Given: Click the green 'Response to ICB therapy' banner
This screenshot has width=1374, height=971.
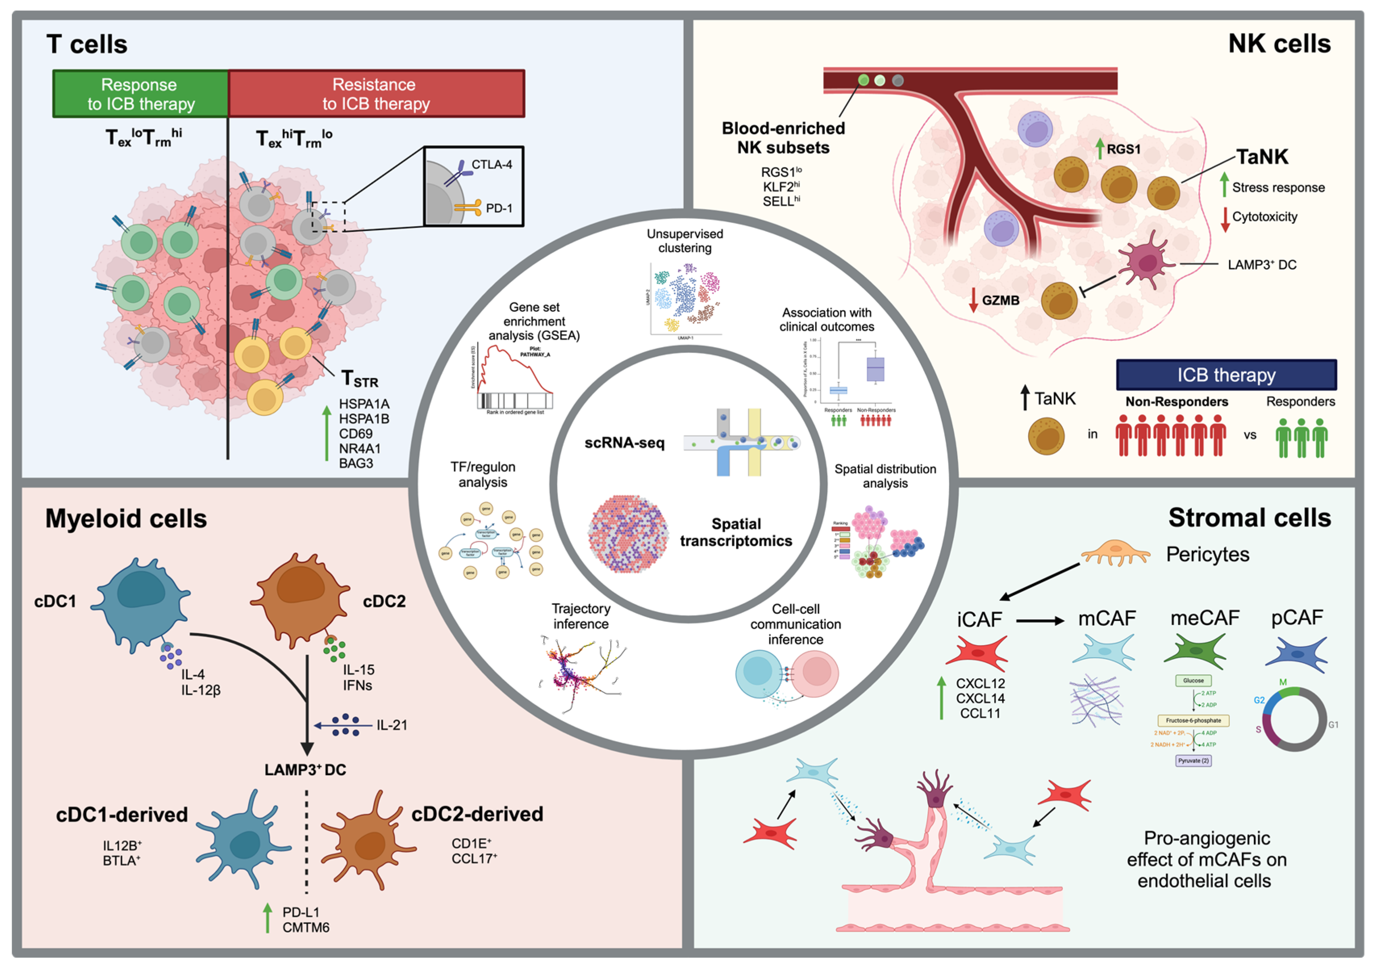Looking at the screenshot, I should tap(141, 94).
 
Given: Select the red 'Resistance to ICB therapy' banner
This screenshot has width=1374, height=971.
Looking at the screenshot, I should tap(376, 94).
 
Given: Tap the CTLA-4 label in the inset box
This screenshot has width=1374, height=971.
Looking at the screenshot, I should tap(491, 165).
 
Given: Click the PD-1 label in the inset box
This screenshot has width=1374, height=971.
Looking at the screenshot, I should tap(498, 208).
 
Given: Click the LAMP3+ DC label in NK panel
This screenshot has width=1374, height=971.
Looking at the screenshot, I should tap(1262, 265).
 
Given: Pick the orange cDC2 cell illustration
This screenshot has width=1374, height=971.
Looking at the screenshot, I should tap(300, 599).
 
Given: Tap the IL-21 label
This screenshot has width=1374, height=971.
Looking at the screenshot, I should tap(391, 725).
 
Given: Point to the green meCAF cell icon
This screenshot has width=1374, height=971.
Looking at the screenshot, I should tap(1195, 651).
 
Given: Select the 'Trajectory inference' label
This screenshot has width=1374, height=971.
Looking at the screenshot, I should tap(581, 616).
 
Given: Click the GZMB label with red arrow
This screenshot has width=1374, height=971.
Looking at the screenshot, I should tap(1000, 300).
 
